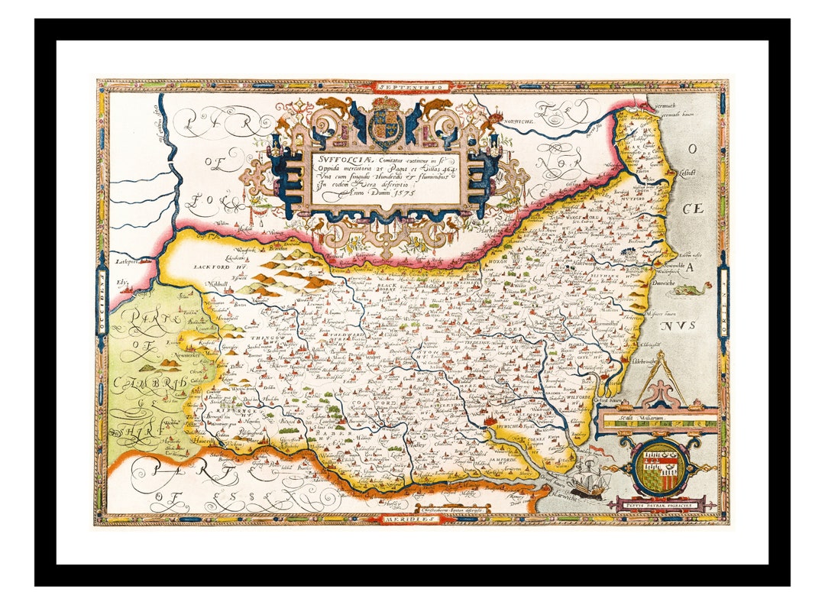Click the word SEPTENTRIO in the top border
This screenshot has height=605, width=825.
coord(413,87)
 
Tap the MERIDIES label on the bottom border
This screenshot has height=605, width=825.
coord(413,518)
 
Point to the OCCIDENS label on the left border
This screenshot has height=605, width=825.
coord(101,302)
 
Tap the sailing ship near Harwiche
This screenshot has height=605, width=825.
coord(588,478)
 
